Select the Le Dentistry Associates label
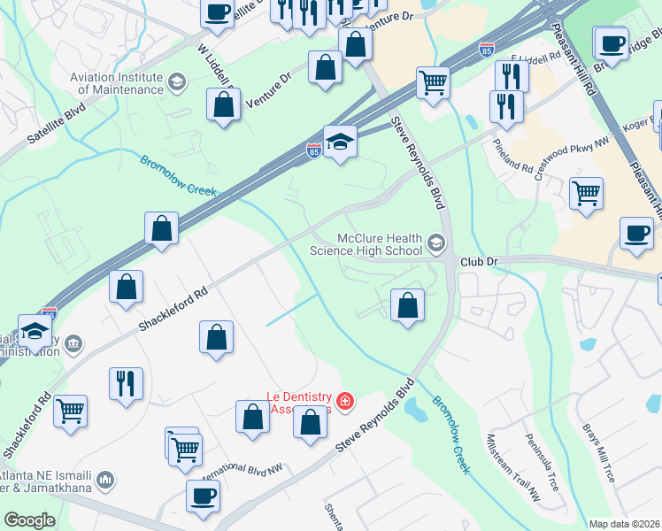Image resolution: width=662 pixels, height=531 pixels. point(299,403)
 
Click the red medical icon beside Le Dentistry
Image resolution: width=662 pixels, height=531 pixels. point(344,403)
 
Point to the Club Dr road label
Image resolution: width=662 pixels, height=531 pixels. point(481,262)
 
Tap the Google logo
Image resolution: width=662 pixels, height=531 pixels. point(29,520)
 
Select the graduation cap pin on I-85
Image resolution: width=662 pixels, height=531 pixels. point(340,142)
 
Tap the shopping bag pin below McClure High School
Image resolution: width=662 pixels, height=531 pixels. point(406,305)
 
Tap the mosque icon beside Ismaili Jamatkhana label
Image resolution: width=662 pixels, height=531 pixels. point(105,480)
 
